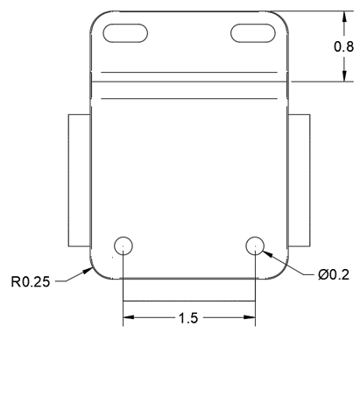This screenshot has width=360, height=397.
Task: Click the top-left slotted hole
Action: [x=125, y=33]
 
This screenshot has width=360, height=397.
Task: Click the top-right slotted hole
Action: [x=254, y=33]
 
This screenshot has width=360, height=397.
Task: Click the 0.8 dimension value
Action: [x=344, y=46]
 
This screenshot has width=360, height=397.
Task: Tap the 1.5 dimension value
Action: [x=188, y=317]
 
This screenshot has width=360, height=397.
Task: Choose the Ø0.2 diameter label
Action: [x=333, y=274]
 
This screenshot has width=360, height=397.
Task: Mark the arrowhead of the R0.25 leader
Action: [x=93, y=268]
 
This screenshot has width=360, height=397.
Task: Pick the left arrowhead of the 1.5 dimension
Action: [x=127, y=317]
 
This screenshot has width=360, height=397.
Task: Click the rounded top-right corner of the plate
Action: [x=281, y=18]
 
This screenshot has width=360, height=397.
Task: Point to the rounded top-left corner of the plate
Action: [x=97, y=18]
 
